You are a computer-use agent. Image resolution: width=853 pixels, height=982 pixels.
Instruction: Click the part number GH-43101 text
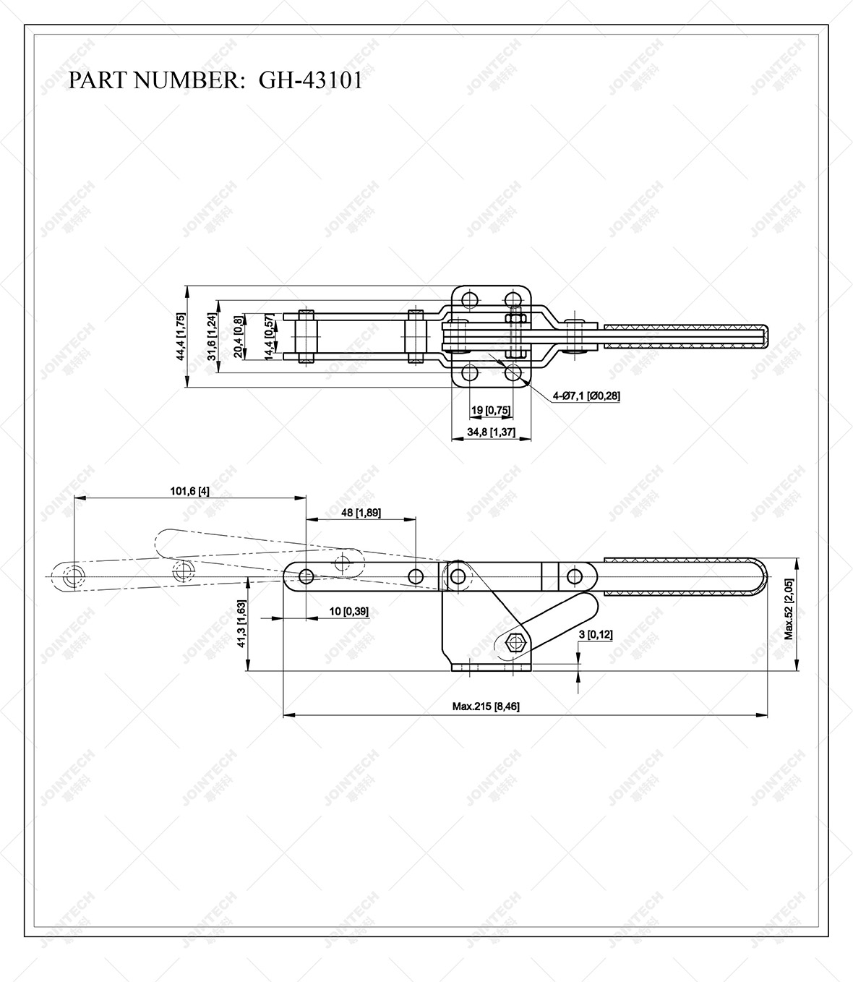tap(311, 80)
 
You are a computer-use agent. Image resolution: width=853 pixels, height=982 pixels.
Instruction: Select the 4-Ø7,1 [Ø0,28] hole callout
tap(586, 396)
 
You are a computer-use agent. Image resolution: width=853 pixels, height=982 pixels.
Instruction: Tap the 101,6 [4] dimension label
tap(189, 492)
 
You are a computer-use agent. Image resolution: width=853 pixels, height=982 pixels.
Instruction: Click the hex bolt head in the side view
tap(515, 641)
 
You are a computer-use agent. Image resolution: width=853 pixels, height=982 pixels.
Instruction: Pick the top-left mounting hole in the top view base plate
tap(470, 299)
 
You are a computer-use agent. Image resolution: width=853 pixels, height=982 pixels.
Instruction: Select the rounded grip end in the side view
tap(755, 576)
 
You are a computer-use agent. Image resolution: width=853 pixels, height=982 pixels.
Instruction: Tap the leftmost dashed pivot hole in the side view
tap(73, 576)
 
